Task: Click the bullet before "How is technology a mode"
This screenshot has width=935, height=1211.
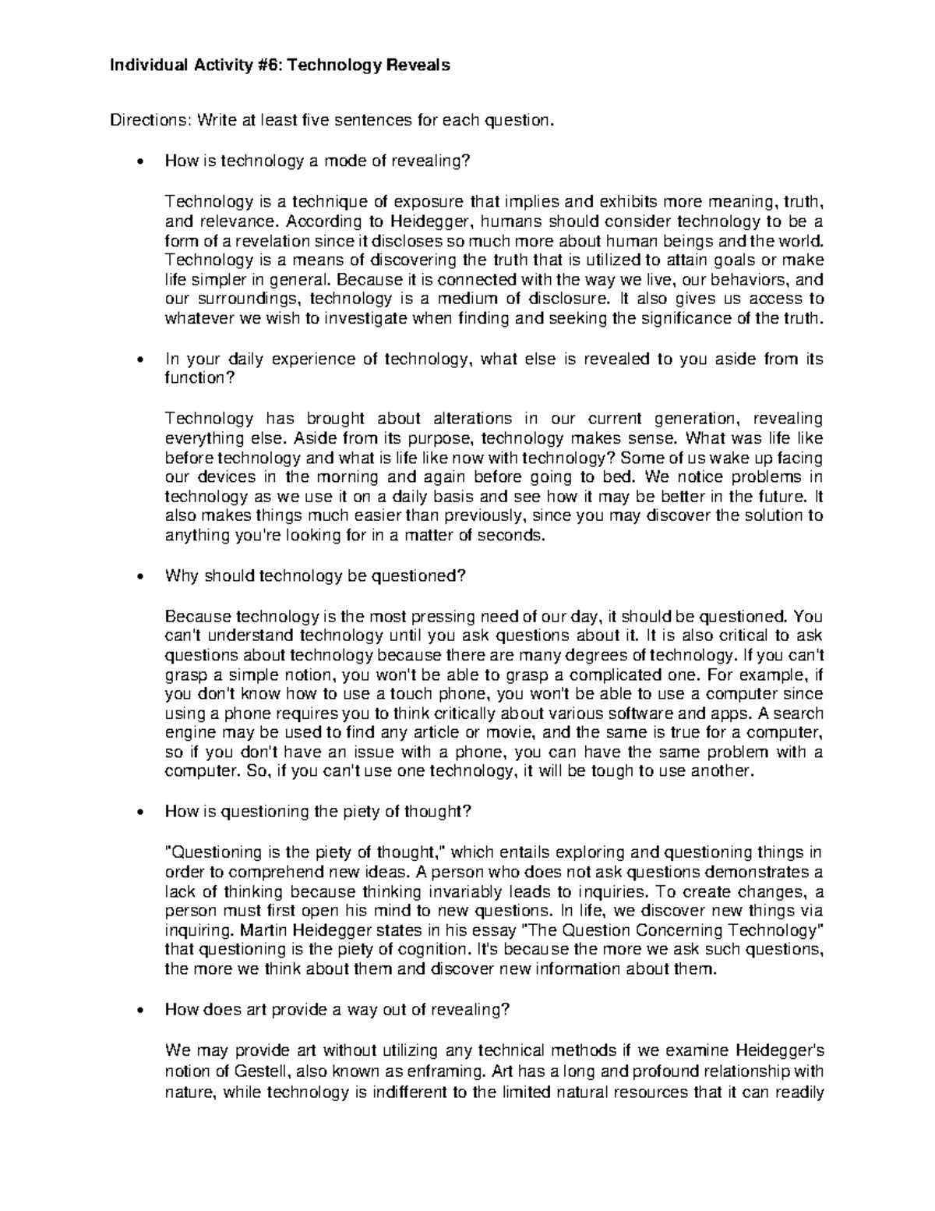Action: pos(139,161)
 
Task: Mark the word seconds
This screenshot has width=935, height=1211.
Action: pos(508,536)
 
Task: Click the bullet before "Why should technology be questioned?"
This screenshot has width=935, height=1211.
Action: pos(139,577)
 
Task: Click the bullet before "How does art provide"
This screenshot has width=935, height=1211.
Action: pos(139,1011)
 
